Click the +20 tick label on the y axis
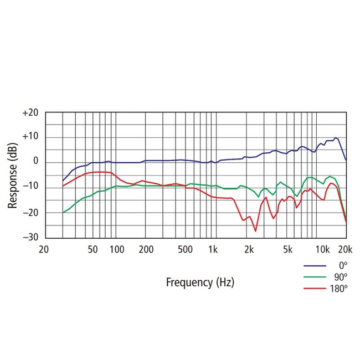tap(30, 112)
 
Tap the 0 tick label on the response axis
tap(34, 162)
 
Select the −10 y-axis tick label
tap(30, 187)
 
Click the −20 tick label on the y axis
tap(30, 212)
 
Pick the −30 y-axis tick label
tap(30, 237)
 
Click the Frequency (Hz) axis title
tap(200, 282)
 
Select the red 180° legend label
tap(338, 288)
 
